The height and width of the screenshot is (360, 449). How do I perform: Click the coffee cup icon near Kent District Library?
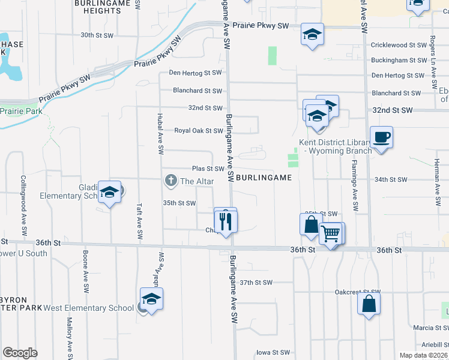[382, 137]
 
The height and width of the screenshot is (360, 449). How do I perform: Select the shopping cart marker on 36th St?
[331, 233]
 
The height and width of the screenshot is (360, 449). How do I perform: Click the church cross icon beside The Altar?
[171, 180]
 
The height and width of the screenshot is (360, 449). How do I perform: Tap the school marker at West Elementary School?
[152, 299]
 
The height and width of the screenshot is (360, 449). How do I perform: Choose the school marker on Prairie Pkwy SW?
[312, 34]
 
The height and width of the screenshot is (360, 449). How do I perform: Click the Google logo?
[20, 353]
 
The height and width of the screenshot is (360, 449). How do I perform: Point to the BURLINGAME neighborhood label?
[264, 178]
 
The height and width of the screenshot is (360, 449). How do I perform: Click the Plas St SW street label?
[208, 169]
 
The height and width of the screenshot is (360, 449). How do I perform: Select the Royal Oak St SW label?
[199, 131]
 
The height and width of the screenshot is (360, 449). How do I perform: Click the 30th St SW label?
[97, 35]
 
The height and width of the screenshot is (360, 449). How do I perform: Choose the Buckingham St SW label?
[399, 61]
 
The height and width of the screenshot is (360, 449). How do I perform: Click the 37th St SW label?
[256, 282]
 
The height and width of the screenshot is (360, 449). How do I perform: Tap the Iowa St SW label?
[273, 353]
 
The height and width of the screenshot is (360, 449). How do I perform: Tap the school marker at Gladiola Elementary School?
[110, 192]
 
